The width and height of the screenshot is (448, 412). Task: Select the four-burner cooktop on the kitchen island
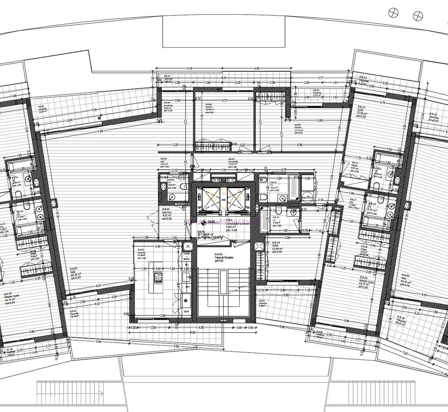pos(158,277)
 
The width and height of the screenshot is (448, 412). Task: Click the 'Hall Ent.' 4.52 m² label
pos(167,214)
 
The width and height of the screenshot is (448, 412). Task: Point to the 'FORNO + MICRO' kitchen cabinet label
pos(187,256)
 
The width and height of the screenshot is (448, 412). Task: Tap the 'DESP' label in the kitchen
pos(187,312)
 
